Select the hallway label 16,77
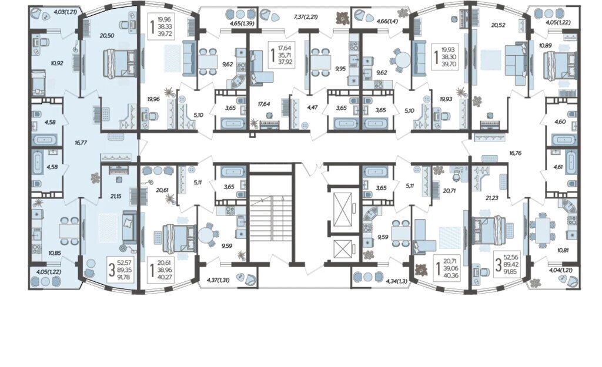pyautogui.click(x=81, y=143)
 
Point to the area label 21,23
pyautogui.click(x=493, y=198)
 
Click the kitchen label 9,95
pyautogui.click(x=340, y=69)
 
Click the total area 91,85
pyautogui.click(x=512, y=271)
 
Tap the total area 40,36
pyautogui.click(x=451, y=275)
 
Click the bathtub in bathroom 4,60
pyautogui.click(x=564, y=139)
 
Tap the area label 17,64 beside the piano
pyautogui.click(x=264, y=103)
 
